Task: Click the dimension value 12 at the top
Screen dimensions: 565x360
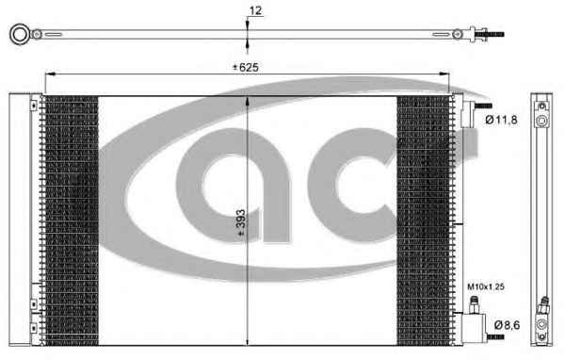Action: [x=255, y=10]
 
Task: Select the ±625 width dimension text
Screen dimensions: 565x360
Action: [x=246, y=67]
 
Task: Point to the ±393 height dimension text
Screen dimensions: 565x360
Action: [x=240, y=223]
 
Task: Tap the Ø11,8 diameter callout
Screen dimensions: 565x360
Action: [x=501, y=120]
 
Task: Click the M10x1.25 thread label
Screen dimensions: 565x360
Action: [x=486, y=286]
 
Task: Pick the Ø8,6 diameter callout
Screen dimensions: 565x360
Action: [x=507, y=325]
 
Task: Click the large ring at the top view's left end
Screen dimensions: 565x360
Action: [x=20, y=34]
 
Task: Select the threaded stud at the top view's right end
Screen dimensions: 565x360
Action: [x=492, y=35]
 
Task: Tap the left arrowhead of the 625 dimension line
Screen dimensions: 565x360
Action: [x=50, y=74]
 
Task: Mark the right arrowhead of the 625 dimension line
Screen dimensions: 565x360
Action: [x=444, y=74]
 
